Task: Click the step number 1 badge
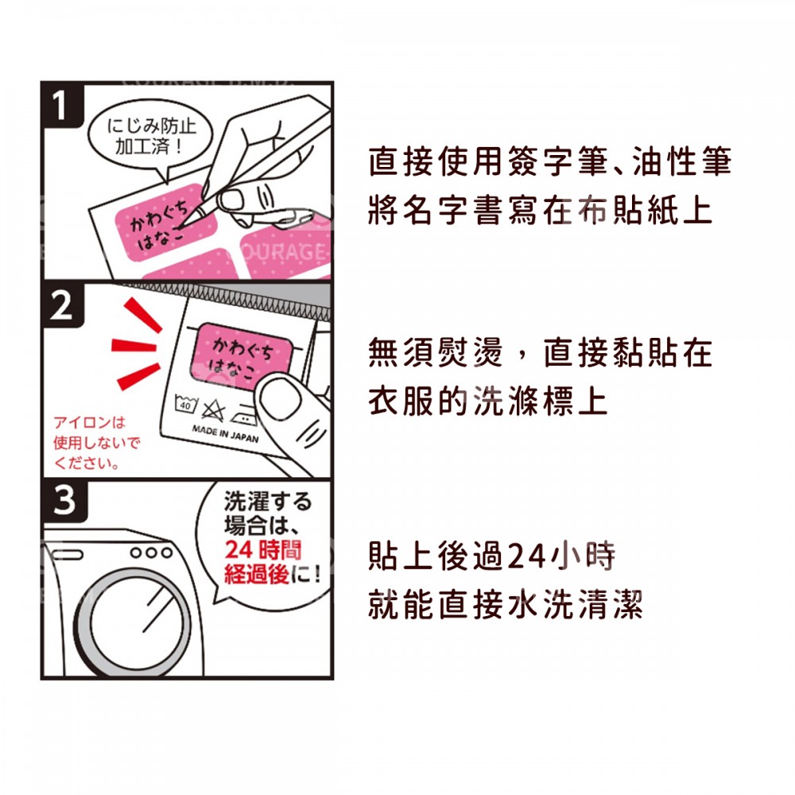click(62, 105)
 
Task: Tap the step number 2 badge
click(62, 305)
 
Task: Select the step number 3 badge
click(65, 500)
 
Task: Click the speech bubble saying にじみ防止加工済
click(150, 137)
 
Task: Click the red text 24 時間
click(263, 550)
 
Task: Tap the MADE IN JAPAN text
click(225, 435)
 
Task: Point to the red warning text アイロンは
click(89, 422)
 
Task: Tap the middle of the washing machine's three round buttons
click(150, 553)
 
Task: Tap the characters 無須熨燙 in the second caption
click(436, 352)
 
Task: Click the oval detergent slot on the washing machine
click(68, 555)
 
